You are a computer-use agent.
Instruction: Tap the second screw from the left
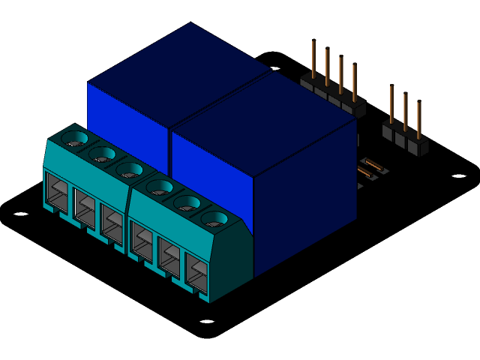[102, 154]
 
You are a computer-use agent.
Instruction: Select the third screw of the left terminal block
[130, 170]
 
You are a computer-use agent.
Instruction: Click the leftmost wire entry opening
[57, 193]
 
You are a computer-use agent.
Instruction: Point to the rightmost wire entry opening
[196, 273]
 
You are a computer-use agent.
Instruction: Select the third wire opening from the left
[112, 225]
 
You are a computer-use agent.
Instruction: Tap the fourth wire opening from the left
[141, 241]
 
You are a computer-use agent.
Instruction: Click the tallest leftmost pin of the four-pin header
[313, 60]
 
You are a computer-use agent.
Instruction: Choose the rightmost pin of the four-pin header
[354, 82]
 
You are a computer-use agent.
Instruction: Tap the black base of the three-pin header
[406, 140]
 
